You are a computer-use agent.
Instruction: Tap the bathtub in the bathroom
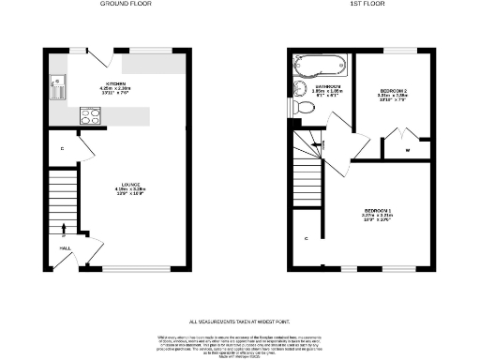320,67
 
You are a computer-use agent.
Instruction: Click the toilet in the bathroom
304,108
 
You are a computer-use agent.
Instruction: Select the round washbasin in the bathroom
300,89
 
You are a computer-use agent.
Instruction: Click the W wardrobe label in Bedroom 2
408,150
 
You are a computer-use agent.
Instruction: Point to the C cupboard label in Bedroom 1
306,237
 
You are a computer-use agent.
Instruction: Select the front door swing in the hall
92,248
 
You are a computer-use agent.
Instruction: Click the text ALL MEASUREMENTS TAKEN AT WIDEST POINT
240,320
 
